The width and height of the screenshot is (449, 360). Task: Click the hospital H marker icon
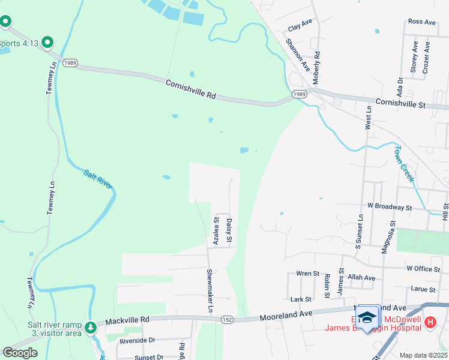(x=430, y=323)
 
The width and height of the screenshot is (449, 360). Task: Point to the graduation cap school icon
(x=367, y=317)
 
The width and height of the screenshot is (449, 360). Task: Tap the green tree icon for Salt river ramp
(x=90, y=328)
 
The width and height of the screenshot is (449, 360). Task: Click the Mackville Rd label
(x=127, y=322)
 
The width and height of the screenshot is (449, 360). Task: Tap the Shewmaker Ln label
(x=210, y=285)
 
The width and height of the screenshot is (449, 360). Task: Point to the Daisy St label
(x=229, y=231)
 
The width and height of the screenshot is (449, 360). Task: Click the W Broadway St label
(x=390, y=207)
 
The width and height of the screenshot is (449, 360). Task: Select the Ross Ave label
(x=421, y=22)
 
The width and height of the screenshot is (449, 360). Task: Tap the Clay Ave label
(x=301, y=25)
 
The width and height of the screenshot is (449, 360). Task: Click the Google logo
(x=20, y=352)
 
